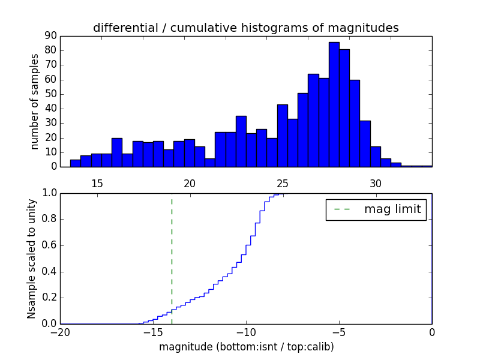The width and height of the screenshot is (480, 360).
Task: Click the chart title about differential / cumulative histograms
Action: pos(245,28)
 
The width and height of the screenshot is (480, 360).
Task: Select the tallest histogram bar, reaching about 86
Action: pos(334,105)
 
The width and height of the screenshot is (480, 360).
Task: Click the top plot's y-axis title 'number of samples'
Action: pos(35,101)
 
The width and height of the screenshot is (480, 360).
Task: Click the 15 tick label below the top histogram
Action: pos(97,184)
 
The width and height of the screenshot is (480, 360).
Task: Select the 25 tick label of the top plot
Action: pos(283,184)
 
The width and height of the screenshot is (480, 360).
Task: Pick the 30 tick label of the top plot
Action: pos(376,184)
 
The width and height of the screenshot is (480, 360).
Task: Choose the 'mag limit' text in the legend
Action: pos(392,209)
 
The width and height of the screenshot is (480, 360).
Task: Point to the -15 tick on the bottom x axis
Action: pos(153,332)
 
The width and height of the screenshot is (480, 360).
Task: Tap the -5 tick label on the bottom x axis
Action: pos(339,332)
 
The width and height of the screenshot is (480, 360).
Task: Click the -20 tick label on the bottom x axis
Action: pos(60,332)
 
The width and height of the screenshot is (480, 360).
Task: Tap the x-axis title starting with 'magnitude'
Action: pos(246,347)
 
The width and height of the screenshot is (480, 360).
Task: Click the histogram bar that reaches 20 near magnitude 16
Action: pos(117,152)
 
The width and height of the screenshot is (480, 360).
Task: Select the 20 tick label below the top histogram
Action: pos(190,184)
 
